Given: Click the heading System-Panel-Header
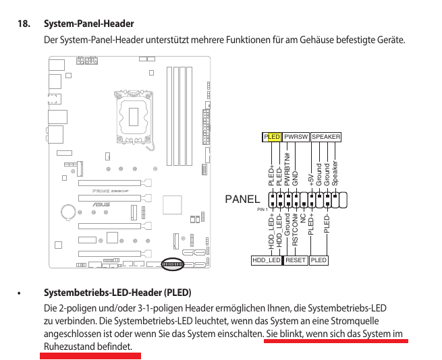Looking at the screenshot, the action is (x=88, y=24).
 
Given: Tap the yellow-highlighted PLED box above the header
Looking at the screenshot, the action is (x=271, y=137).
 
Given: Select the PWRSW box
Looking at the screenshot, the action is (x=296, y=137).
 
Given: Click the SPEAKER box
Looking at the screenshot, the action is (x=326, y=137).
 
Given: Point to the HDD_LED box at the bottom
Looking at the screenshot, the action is (x=266, y=260).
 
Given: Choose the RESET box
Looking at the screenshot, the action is (x=296, y=260).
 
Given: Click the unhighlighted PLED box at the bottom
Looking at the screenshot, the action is (x=319, y=260).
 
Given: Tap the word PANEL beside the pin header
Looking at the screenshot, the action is (x=242, y=200).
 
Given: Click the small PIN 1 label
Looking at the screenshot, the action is (x=263, y=210).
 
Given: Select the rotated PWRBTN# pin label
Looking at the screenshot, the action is (x=287, y=169).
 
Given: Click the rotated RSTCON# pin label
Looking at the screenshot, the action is (x=296, y=230).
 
